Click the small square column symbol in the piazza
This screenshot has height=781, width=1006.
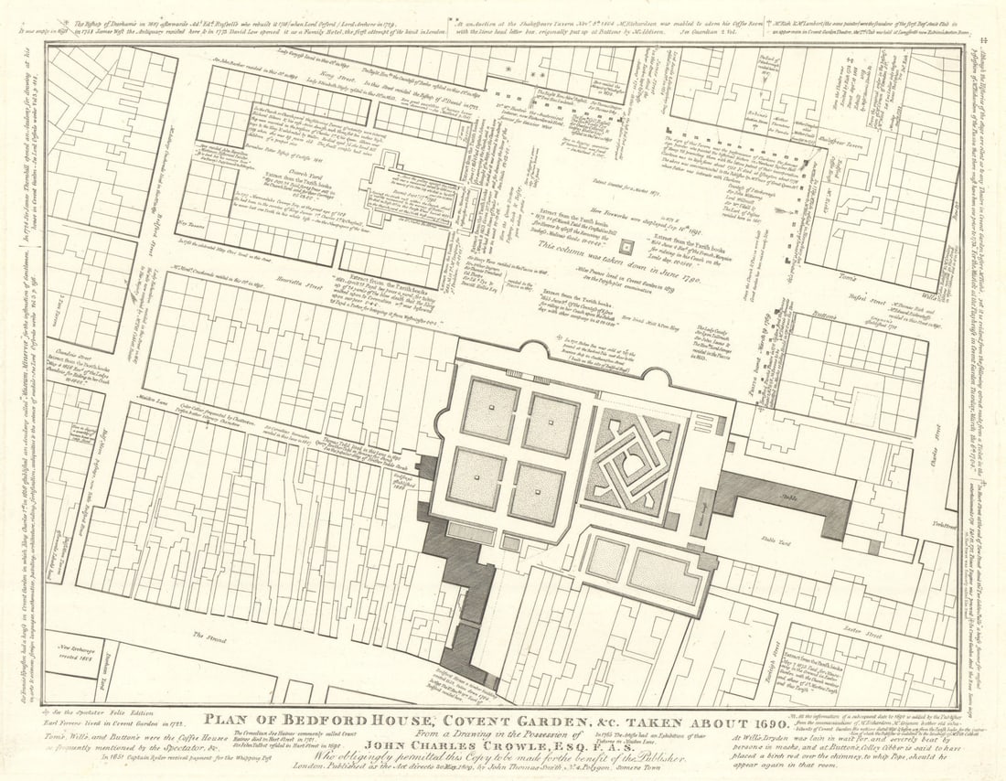626,247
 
